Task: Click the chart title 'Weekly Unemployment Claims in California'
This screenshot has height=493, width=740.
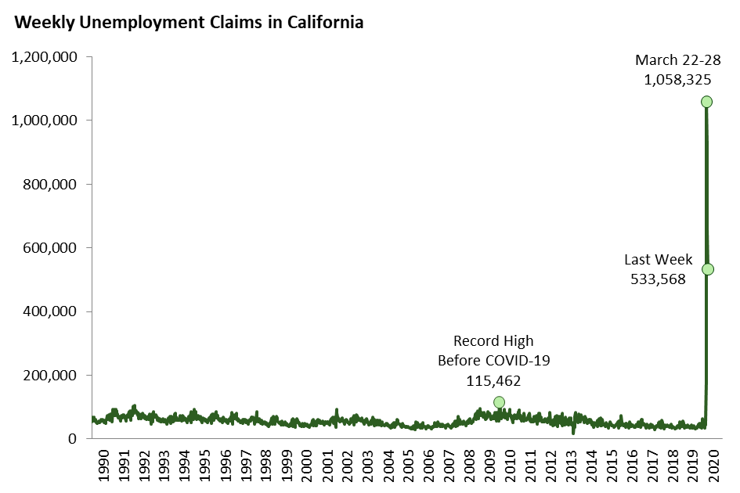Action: pos(189,23)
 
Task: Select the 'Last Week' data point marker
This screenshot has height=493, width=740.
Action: pos(707,269)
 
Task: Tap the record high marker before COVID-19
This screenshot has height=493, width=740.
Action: pos(499,402)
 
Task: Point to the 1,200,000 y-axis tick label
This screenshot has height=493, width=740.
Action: pos(44,57)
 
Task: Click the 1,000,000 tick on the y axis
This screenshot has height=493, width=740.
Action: pos(44,121)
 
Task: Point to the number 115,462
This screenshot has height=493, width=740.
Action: pos(493,381)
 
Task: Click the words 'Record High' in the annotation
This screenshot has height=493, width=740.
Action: pos(493,341)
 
